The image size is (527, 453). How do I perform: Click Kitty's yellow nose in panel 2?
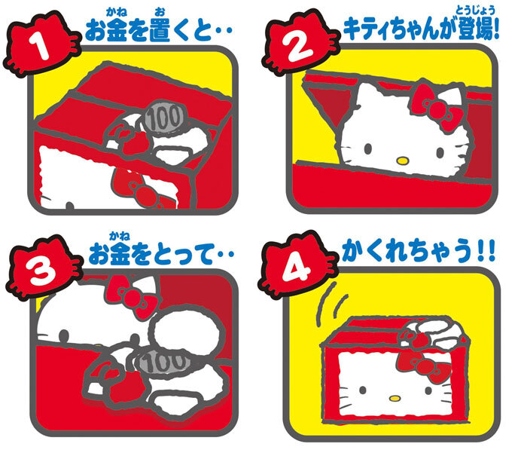click(402, 161)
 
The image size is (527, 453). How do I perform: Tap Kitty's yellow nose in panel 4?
click(395, 398)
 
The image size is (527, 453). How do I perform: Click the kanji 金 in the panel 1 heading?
click(117, 31)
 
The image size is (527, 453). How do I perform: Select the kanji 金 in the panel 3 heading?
click(120, 255)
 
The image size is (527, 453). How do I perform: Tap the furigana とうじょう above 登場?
click(475, 11)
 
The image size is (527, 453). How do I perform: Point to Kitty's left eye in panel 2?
click(368, 148)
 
